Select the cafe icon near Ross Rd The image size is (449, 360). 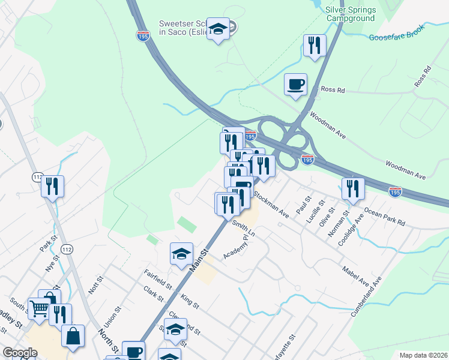coord(295,84)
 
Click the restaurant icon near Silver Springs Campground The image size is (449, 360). coord(315,46)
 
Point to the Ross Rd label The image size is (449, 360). coord(332,90)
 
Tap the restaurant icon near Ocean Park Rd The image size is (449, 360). coord(353,188)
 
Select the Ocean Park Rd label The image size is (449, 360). coord(384,217)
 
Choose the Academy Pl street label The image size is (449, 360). coord(236,247)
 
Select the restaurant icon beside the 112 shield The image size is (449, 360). coord(53,186)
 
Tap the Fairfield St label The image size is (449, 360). coord(158,279)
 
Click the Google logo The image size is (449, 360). coord(20,353)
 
